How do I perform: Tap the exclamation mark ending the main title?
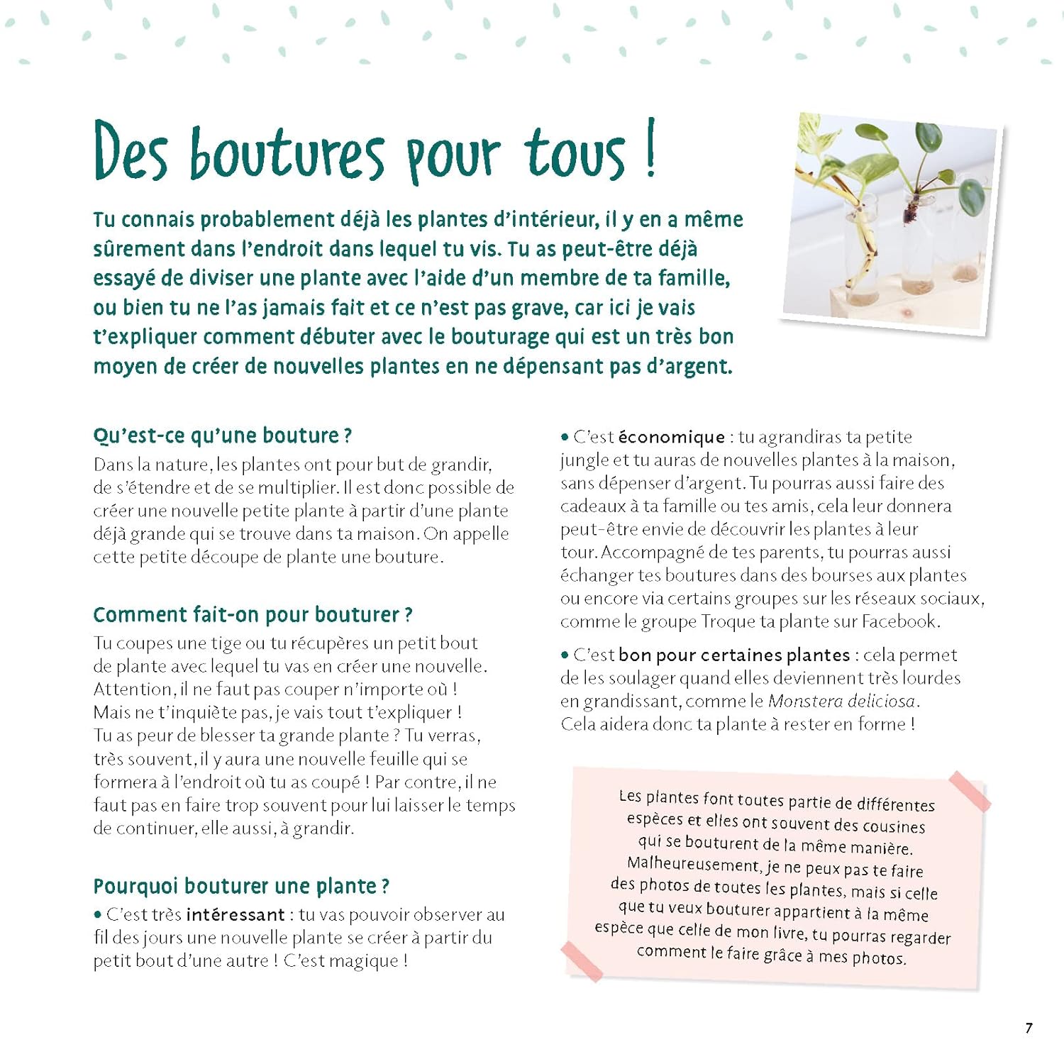650,149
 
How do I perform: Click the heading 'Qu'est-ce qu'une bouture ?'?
222,436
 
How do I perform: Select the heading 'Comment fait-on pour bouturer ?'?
253,614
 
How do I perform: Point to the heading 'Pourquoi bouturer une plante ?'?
241,886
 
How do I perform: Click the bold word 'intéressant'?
235,915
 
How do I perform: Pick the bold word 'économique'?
671,437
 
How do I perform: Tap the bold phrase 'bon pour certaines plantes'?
734,655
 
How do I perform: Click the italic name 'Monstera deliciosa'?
842,702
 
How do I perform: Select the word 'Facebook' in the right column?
899,621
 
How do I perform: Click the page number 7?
1029,1028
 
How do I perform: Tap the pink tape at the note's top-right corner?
969,790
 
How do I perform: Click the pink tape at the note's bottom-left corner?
582,961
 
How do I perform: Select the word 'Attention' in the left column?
133,689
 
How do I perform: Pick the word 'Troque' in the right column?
728,621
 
